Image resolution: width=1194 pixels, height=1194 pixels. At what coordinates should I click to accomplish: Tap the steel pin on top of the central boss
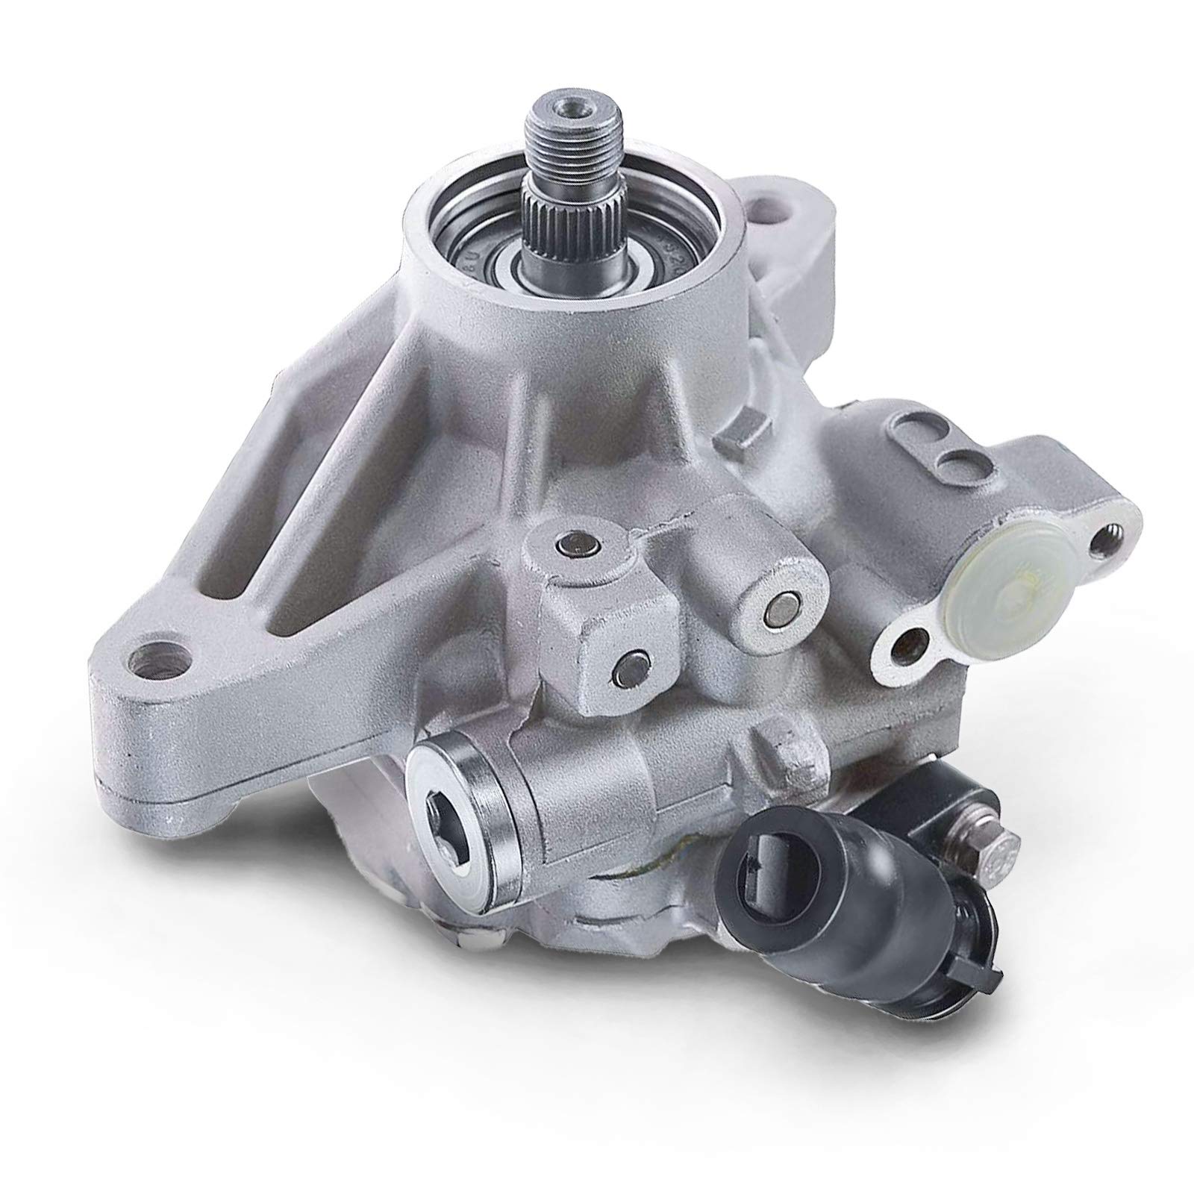[x=572, y=548]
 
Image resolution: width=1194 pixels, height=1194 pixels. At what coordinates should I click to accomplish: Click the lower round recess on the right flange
[x=959, y=481]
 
